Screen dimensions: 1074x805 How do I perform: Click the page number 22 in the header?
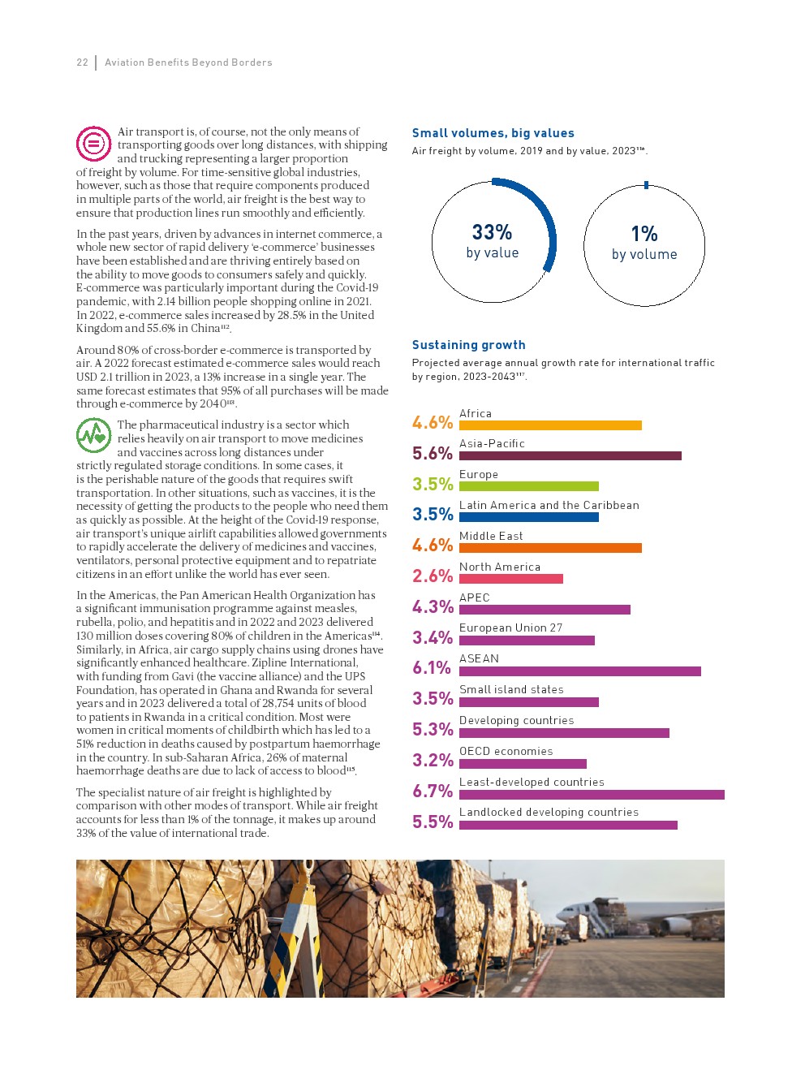point(82,63)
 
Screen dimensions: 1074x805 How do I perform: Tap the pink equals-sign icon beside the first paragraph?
point(93,144)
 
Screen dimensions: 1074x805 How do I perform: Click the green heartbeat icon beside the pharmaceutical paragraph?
point(93,436)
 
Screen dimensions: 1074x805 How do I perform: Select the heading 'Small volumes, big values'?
point(493,133)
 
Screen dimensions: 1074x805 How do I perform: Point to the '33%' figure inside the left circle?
point(492,233)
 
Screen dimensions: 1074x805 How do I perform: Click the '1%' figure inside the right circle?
point(644,235)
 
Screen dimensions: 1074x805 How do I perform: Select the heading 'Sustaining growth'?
point(468,345)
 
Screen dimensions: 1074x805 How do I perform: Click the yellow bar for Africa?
point(550,425)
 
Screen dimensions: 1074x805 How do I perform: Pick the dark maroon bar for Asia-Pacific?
point(570,456)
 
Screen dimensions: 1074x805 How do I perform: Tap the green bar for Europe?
point(528,486)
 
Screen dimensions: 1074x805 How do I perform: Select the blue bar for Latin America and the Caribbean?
point(528,517)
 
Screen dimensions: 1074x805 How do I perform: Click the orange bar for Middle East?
point(550,548)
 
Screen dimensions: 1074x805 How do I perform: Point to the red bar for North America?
point(510,579)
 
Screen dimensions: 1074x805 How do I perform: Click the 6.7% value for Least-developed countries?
point(433,791)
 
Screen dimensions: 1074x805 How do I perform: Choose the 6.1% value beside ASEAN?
point(432,668)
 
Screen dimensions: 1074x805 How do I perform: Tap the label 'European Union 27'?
point(510,628)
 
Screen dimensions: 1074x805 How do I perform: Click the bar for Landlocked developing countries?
point(568,825)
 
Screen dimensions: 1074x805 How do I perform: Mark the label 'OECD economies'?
point(506,752)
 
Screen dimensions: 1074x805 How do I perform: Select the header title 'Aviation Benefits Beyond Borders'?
point(188,63)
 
